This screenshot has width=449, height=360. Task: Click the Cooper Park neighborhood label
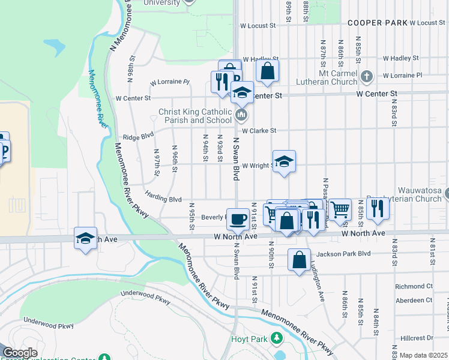(377, 23)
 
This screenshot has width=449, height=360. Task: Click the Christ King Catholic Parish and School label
(195, 116)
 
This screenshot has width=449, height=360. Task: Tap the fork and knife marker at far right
(378, 209)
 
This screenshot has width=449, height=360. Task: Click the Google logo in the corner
(20, 353)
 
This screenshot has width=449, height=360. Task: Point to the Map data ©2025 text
(423, 355)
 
